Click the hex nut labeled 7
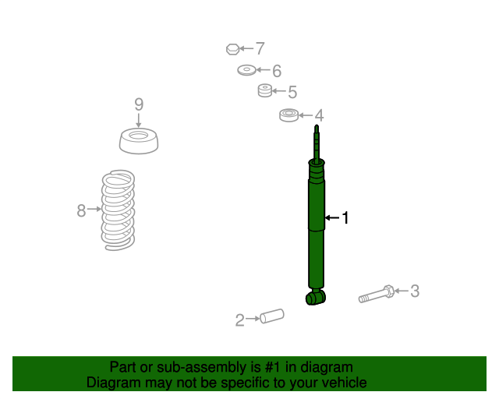pyautogui.click(x=232, y=49)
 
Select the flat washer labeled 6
pyautogui.click(x=246, y=70)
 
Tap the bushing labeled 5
pyautogui.click(x=265, y=90)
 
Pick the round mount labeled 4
pyautogui.click(x=289, y=115)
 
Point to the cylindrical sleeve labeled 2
pyautogui.click(x=272, y=316)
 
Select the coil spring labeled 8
pyautogui.click(x=118, y=210)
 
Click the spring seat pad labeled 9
pyautogui.click(x=139, y=141)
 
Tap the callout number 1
pyautogui.click(x=345, y=218)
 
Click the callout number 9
pyautogui.click(x=139, y=104)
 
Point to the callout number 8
pyautogui.click(x=81, y=210)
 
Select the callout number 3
pyautogui.click(x=415, y=291)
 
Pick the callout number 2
pyautogui.click(x=239, y=320)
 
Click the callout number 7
pyautogui.click(x=260, y=48)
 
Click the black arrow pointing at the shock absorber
pyautogui.click(x=332, y=218)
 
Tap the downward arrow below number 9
pyautogui.click(x=139, y=120)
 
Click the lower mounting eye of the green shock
pyautogui.click(x=315, y=298)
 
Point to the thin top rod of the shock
pyautogui.click(x=317, y=143)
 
